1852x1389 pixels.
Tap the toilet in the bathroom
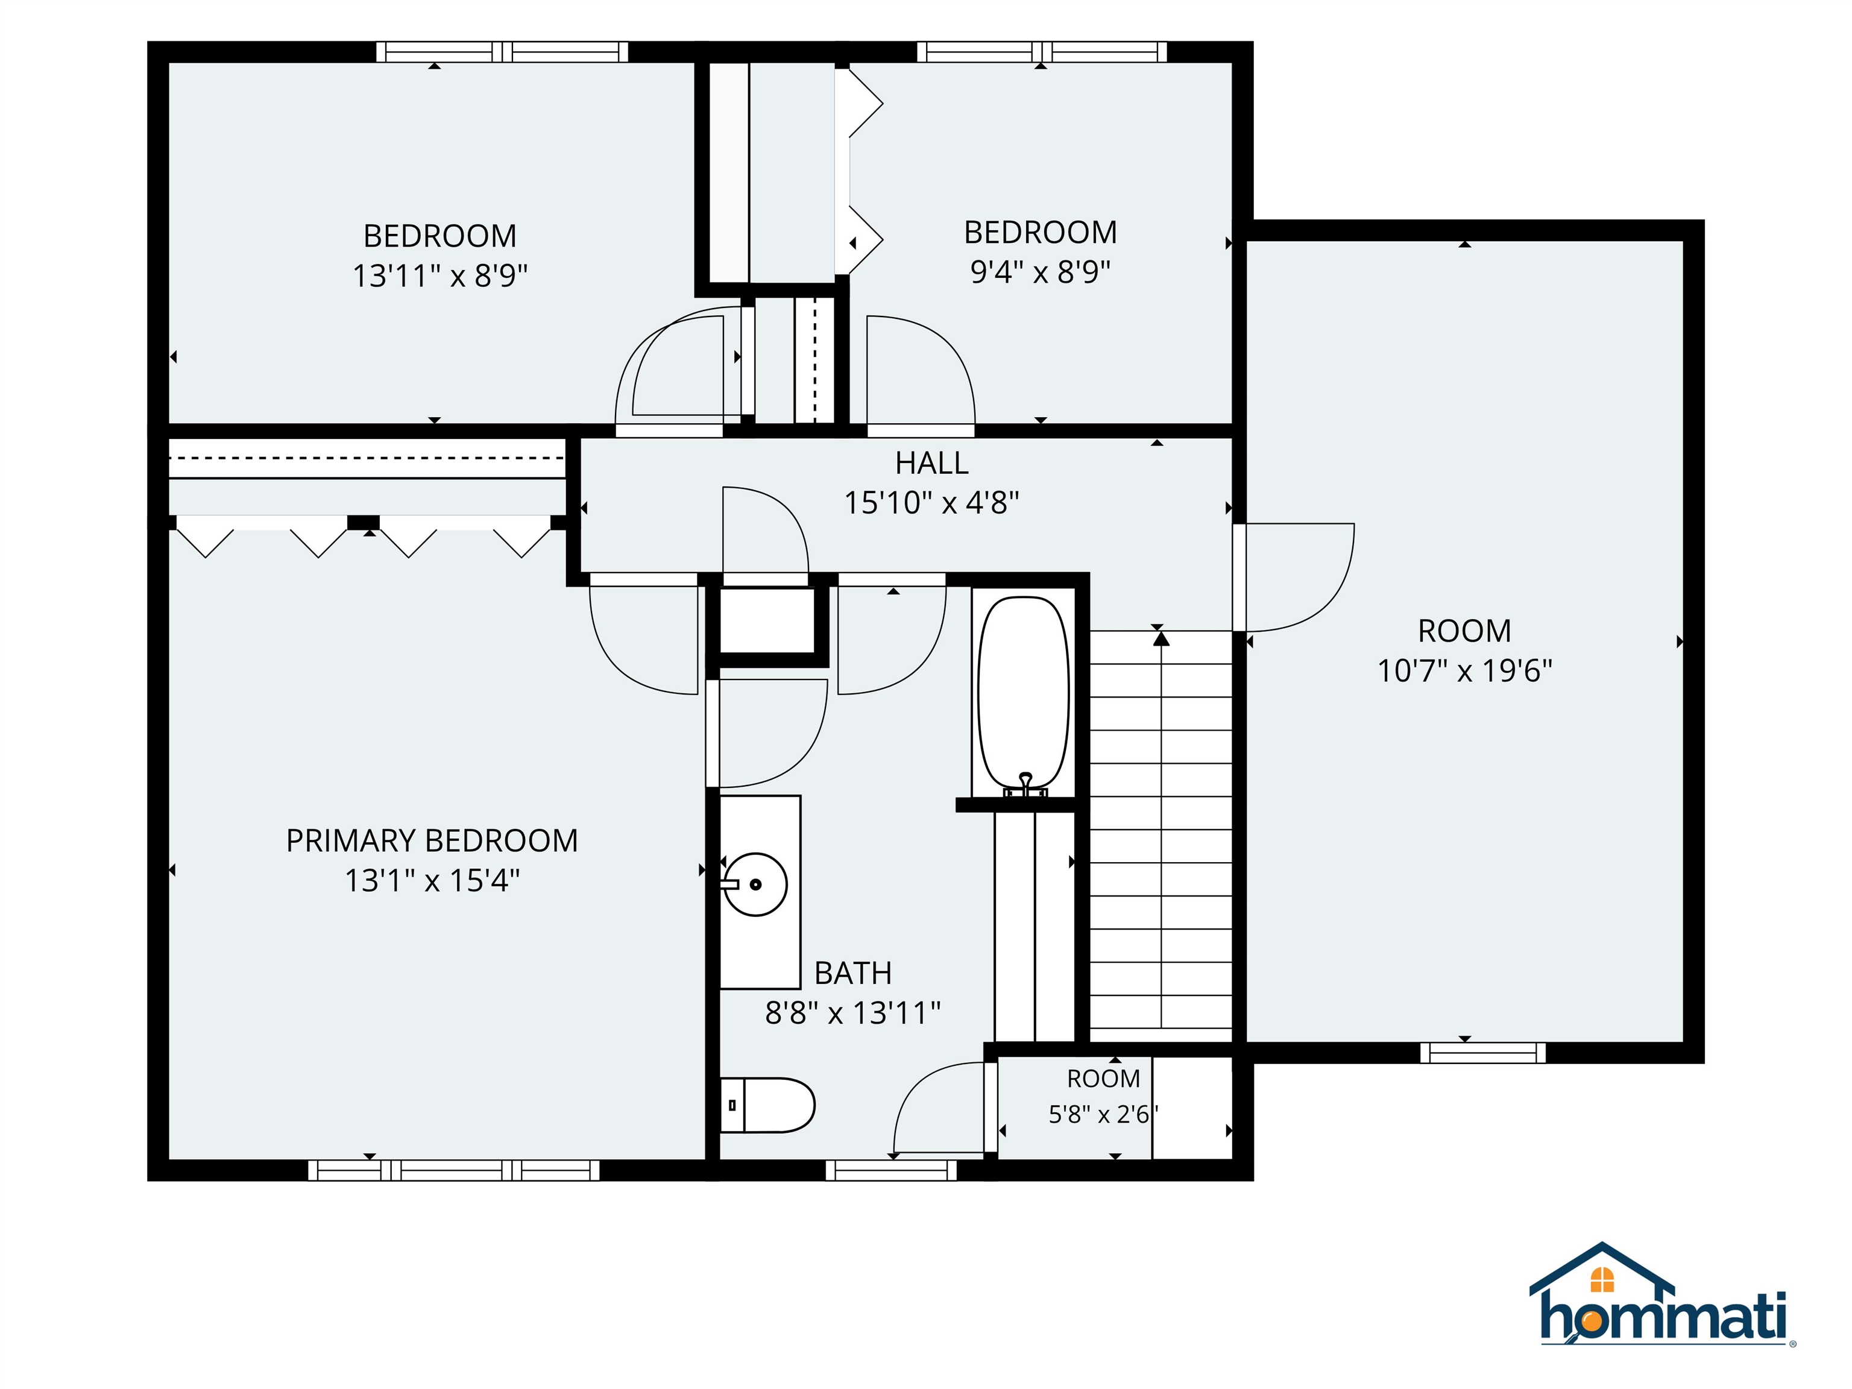pyautogui.click(x=767, y=1105)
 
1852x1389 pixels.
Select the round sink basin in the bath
pyautogui.click(x=755, y=884)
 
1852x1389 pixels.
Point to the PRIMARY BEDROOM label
pyautogui.click(x=432, y=840)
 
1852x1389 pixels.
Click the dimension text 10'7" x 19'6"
pyautogui.click(x=1464, y=670)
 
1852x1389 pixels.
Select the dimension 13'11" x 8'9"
pyautogui.click(x=439, y=276)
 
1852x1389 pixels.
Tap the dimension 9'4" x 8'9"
pyautogui.click(x=1040, y=271)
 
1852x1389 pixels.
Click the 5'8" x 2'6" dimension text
pyautogui.click(x=1103, y=1114)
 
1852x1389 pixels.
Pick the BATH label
pyautogui.click(x=853, y=973)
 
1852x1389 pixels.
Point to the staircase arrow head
pyautogui.click(x=1161, y=639)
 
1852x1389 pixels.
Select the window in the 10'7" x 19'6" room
pyautogui.click(x=1483, y=1053)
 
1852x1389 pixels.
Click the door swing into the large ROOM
pyautogui.click(x=1294, y=578)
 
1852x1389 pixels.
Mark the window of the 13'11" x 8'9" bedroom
pyautogui.click(x=502, y=51)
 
